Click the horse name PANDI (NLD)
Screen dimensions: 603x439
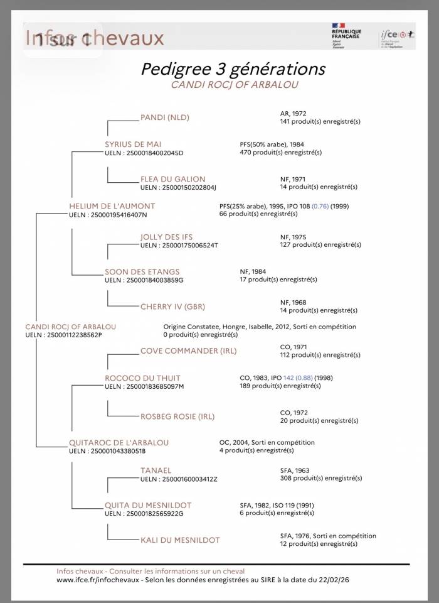164,117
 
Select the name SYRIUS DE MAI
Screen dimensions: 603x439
133,144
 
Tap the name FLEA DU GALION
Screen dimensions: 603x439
172,179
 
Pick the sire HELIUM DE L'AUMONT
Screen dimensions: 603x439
112,206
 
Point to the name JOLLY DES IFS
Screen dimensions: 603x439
166,237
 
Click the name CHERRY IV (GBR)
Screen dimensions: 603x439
172,307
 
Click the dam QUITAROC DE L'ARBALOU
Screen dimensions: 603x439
119,443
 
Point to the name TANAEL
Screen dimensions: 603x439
156,470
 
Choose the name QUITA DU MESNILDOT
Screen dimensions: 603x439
148,505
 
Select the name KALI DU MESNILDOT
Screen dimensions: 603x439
180,540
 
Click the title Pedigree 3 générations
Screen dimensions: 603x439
233,68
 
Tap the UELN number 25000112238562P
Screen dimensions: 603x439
72,335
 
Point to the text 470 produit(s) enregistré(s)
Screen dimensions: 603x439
280,152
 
